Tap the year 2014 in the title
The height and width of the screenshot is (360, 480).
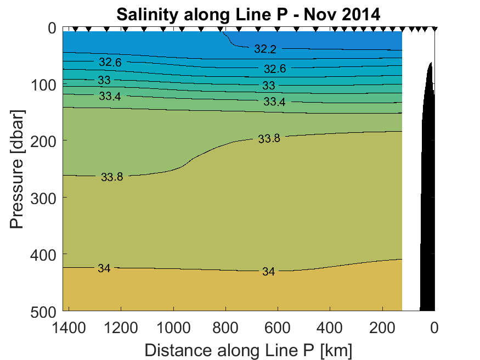pyautogui.click(x=359, y=14)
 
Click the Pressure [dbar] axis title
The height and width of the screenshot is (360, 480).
pyautogui.click(x=18, y=170)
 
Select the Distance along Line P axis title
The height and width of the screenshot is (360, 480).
pyautogui.click(x=248, y=350)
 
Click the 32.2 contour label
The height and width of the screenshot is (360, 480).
pyautogui.click(x=265, y=49)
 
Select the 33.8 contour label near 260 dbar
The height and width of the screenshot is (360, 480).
pyautogui.click(x=112, y=177)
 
